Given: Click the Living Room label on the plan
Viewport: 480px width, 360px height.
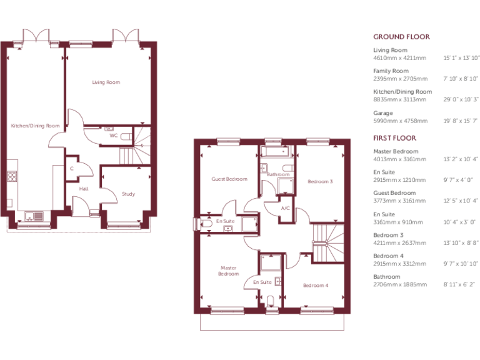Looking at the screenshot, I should tap(106, 82).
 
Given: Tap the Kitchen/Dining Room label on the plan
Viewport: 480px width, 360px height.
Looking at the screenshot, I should tap(35, 126).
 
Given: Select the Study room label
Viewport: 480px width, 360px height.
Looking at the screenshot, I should tap(128, 194).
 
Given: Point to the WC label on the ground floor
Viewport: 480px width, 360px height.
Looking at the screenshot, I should tap(113, 135).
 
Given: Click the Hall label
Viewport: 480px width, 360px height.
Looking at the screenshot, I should tap(83, 188).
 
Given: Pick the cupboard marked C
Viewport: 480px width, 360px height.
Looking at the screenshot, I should tap(72, 169).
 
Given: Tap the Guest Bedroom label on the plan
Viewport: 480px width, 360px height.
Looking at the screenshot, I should tap(229, 179).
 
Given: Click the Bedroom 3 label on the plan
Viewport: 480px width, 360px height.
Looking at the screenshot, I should tap(320, 182).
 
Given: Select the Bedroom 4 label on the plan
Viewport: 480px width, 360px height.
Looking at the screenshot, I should tap(315, 286).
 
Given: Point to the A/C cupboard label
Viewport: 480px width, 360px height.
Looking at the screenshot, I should tap(285, 208).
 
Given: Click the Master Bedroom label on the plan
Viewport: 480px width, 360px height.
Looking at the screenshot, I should tap(228, 271).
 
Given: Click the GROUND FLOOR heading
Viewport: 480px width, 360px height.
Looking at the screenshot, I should tap(401, 37).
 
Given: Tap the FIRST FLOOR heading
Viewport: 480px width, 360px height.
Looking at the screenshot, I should tap(394, 137).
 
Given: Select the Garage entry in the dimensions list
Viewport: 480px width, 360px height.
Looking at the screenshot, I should tap(383, 113).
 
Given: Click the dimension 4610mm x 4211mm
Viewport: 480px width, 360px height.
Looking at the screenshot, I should tap(399, 57).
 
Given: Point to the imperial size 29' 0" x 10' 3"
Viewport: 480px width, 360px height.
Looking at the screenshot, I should tap(461, 99).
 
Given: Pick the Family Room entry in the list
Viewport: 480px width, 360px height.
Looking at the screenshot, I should tap(391, 71).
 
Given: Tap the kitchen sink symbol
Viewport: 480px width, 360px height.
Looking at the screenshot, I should tap(33, 217).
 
